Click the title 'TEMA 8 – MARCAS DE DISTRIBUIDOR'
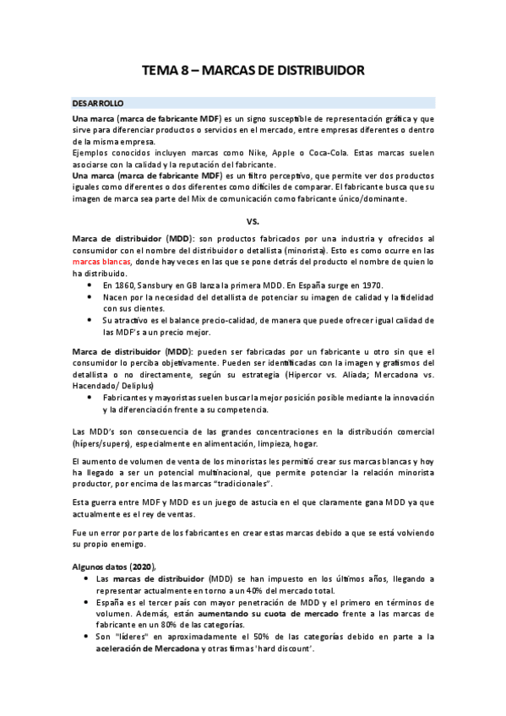[253, 71]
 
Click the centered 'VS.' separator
[253, 221]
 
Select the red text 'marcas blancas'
[101, 263]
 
